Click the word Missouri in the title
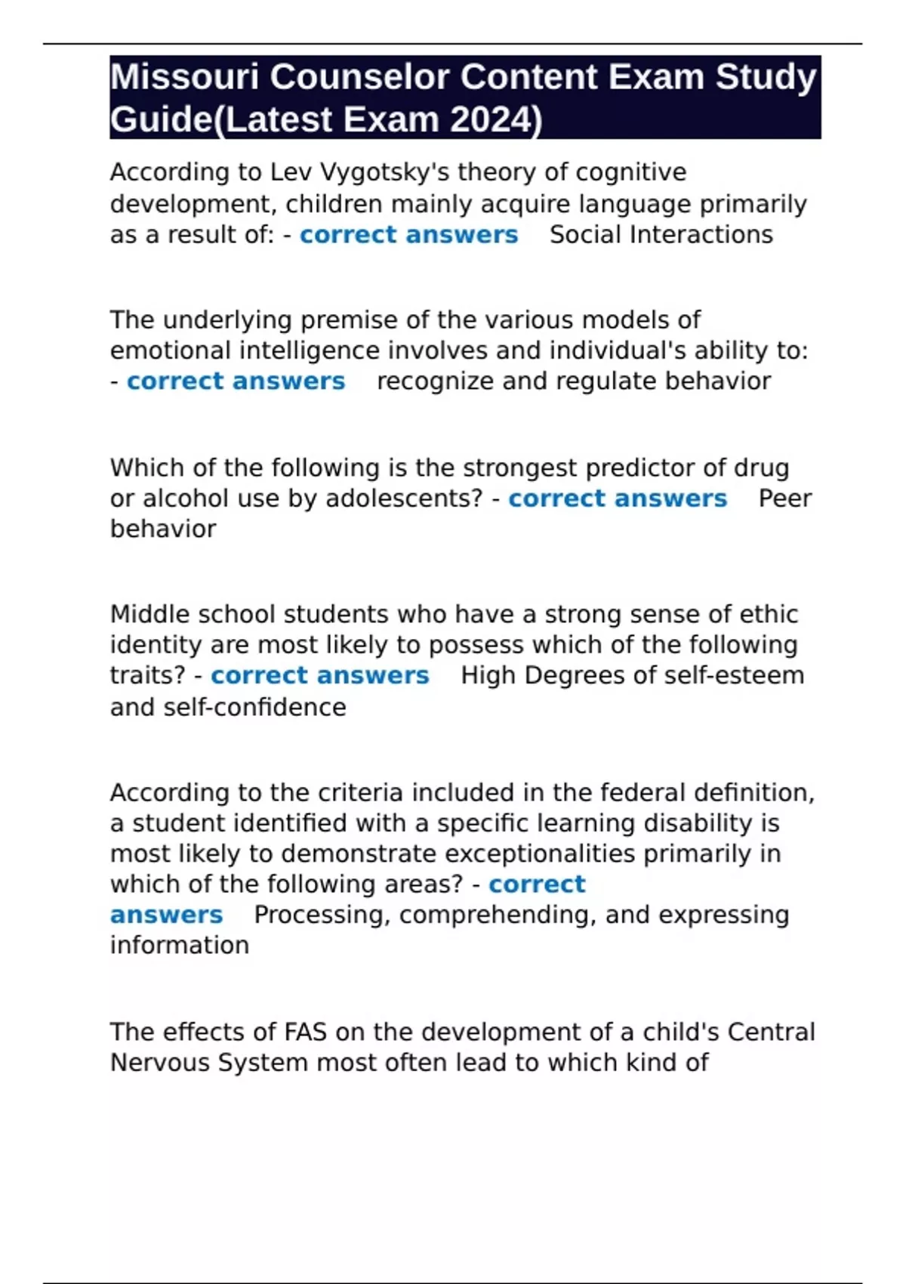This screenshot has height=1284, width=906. tap(184, 77)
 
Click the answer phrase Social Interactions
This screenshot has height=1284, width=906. tap(661, 235)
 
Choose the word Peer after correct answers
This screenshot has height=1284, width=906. tap(784, 498)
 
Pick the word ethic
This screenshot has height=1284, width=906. tap(769, 615)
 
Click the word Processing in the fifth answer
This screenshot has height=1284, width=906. tap(322, 915)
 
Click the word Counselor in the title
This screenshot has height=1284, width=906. tap(359, 77)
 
